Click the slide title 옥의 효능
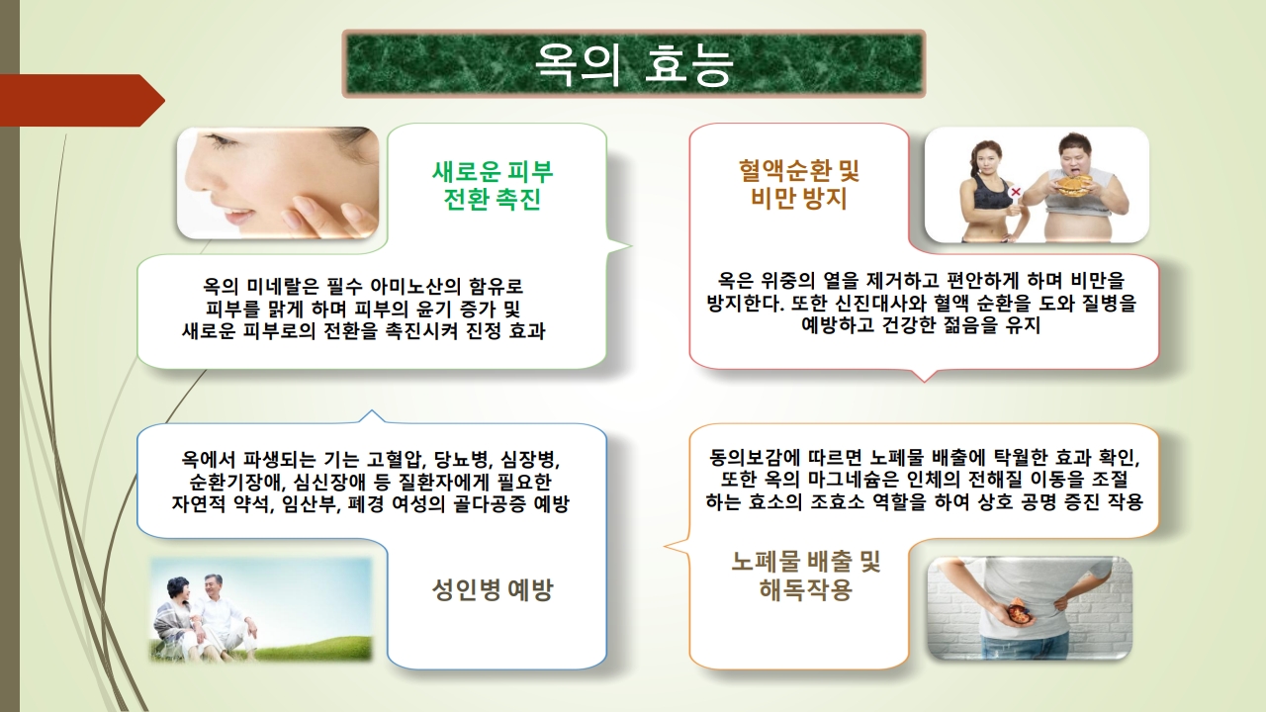point(634,64)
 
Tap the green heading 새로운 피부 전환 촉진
point(493,185)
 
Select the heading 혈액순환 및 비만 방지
point(798,184)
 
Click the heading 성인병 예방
point(493,590)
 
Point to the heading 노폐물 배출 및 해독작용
point(806,576)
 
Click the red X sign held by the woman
point(1016,192)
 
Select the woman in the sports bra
point(993,191)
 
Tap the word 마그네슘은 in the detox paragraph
point(853,480)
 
